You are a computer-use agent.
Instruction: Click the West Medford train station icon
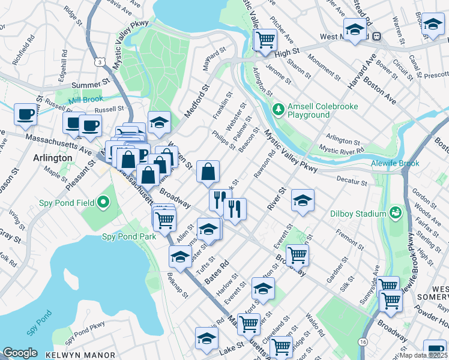[x=377, y=36]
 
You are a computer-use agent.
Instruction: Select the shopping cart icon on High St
[x=265, y=40]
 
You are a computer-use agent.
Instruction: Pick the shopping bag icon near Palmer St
[x=207, y=172]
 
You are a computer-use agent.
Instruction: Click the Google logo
[x=19, y=352]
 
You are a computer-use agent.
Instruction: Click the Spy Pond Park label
[x=130, y=236]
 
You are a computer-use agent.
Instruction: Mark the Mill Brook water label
[x=86, y=98]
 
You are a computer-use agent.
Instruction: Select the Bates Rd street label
[x=217, y=271]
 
